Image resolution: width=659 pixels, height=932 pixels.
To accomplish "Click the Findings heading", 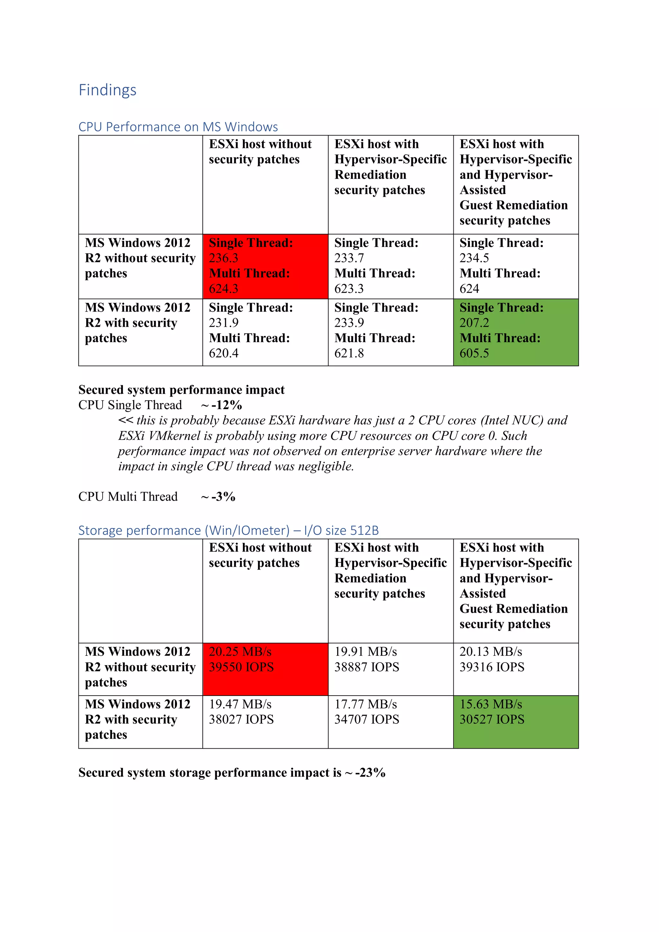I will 107,90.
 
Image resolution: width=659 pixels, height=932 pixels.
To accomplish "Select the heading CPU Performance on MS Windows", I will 178,127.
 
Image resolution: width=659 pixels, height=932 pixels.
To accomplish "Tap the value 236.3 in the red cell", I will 223,258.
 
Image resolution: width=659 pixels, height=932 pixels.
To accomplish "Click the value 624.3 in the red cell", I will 223,288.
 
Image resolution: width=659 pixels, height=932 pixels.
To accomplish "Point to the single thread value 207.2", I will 474,323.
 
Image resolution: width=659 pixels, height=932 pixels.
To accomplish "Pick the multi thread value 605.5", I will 474,353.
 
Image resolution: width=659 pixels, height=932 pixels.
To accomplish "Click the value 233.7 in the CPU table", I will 349,258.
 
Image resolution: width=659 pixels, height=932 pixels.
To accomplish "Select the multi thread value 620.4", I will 223,353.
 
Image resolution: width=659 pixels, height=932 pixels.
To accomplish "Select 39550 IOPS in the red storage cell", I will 241,667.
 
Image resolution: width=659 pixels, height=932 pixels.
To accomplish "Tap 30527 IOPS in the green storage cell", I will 492,719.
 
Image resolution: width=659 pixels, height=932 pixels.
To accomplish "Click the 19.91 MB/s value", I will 366,652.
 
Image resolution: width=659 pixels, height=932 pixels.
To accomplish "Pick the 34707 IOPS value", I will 367,719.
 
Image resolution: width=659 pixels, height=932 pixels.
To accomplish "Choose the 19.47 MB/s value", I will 240,704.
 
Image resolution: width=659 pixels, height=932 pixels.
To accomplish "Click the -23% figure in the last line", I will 370,772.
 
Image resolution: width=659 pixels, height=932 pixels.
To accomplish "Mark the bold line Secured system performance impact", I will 181,390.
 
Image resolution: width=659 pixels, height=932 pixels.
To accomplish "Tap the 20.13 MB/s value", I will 490,652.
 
